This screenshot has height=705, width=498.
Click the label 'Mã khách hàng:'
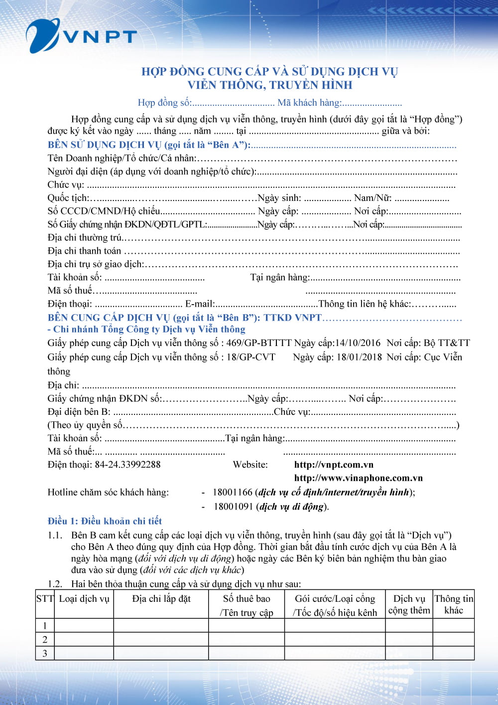click(309, 103)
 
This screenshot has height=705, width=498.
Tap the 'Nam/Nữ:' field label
click(373, 198)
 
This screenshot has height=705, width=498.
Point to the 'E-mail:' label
click(200, 304)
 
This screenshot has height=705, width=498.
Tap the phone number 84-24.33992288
click(127, 465)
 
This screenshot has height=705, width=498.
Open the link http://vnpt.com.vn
click(334, 465)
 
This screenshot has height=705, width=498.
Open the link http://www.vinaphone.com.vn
click(358, 478)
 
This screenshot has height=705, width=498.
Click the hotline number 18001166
click(233, 492)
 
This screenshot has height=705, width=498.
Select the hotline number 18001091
click(234, 507)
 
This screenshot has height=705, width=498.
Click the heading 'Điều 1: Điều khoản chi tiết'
click(105, 521)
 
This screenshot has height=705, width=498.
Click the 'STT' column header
click(45, 598)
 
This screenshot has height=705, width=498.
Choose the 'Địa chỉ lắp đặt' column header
click(161, 598)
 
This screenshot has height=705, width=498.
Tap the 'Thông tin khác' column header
click(453, 604)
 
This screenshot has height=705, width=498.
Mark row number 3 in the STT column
click(45, 653)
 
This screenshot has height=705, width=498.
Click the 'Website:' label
click(250, 465)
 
